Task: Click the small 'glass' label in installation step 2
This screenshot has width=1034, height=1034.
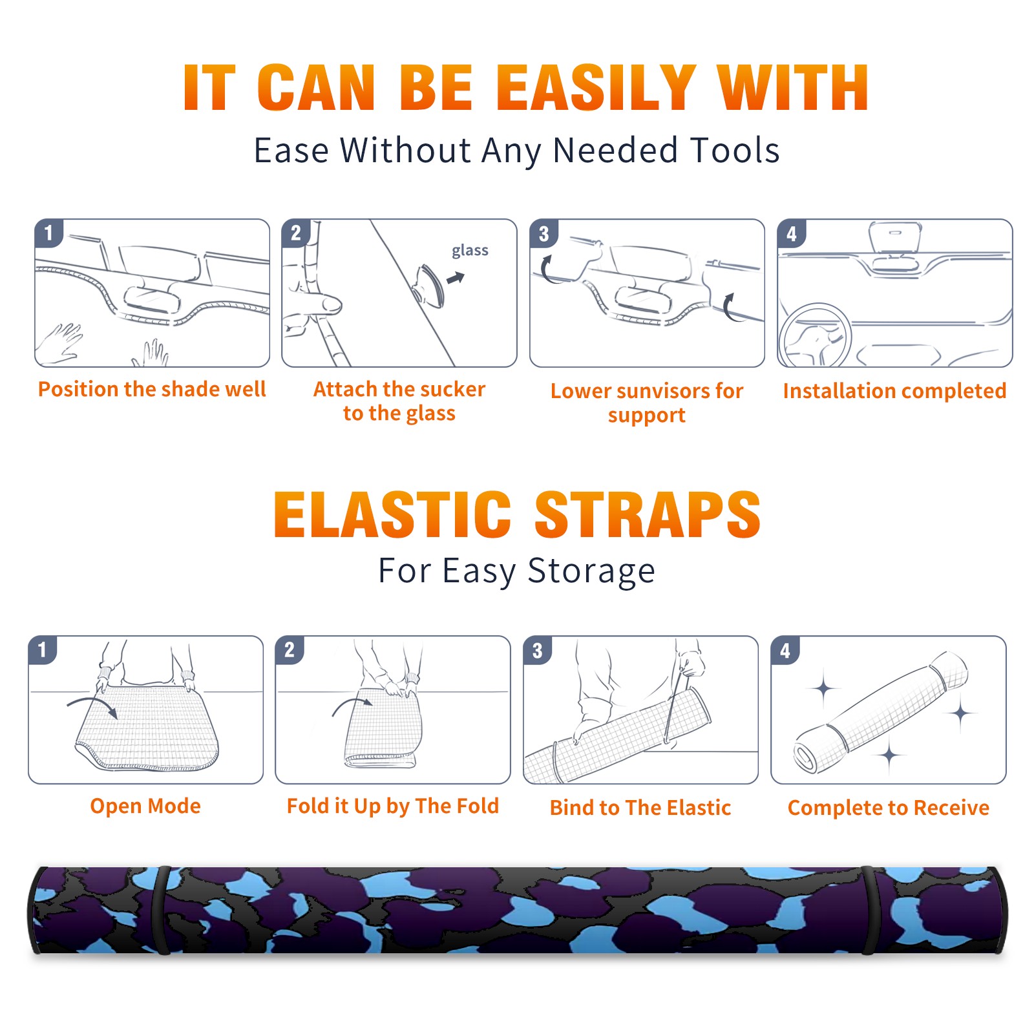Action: coord(470,251)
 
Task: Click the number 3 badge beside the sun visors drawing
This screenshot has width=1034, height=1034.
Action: coord(543,233)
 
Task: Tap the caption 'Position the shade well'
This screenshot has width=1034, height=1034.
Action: coord(152,389)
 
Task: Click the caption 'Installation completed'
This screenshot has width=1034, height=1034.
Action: coord(894,391)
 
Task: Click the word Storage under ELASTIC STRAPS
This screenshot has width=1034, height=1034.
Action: coord(591,571)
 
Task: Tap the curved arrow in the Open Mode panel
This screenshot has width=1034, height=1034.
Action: coord(92,706)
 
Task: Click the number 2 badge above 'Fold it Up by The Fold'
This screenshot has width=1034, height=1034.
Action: coord(290,649)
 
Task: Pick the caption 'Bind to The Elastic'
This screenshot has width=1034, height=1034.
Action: coord(640,808)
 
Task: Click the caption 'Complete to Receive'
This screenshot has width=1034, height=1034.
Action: coord(888,808)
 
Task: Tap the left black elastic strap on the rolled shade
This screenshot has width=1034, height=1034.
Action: coord(162,910)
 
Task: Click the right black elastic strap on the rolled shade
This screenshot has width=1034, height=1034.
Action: coord(870,910)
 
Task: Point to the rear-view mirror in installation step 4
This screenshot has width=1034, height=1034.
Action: coord(895,237)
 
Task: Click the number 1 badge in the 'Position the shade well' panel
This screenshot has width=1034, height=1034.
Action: coord(48,233)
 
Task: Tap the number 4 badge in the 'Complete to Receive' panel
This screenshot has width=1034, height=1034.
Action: coord(785,650)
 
